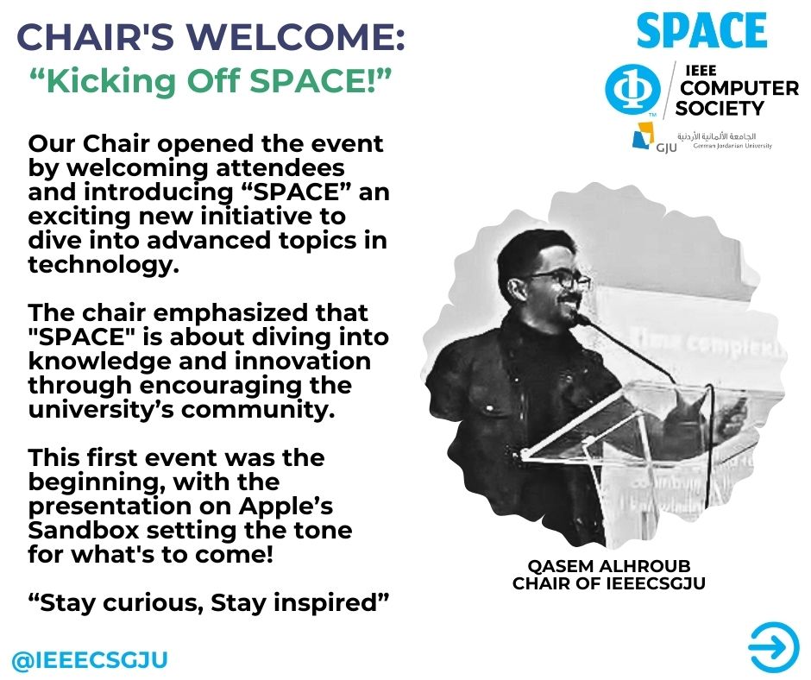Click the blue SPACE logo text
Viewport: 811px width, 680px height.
click(701, 30)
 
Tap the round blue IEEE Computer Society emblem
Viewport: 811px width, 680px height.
click(632, 89)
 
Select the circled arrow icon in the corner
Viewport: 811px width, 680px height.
click(774, 647)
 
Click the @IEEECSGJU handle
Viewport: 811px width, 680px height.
click(90, 660)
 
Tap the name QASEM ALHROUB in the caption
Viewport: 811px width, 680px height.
click(609, 565)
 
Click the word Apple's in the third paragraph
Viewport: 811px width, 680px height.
click(286, 507)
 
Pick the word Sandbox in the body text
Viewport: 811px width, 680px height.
click(84, 530)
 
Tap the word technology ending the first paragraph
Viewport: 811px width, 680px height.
click(104, 265)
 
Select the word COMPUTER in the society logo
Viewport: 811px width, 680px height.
click(739, 89)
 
